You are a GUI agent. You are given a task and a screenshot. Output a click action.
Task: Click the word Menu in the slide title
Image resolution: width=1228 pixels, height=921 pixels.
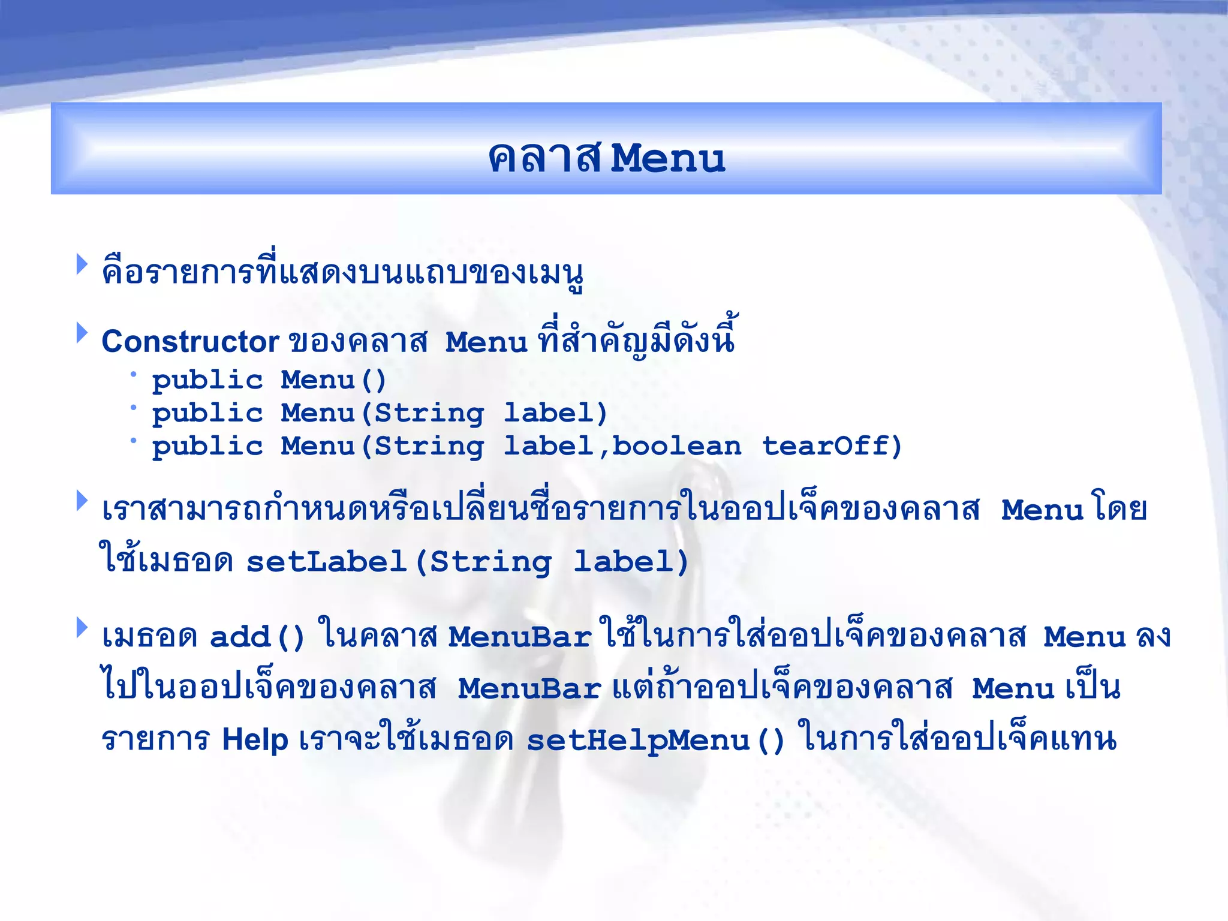tap(667, 159)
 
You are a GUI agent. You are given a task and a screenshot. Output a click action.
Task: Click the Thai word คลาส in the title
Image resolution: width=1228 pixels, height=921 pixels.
tap(544, 159)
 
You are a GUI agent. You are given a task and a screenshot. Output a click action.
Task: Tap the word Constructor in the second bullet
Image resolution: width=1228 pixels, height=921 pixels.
tap(190, 342)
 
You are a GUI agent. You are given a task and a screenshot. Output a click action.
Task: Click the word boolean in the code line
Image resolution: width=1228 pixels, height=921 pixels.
tap(676, 446)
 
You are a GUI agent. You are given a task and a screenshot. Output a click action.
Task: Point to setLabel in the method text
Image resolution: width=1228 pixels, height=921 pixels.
tap(327, 562)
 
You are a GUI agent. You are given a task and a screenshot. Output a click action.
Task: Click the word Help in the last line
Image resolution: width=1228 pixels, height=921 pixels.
tap(255, 739)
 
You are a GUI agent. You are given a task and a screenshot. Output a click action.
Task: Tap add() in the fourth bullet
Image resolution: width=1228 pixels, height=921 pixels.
tap(257, 637)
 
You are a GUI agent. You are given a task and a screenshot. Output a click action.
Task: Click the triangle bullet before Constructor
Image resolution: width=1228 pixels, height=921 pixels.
tap(82, 333)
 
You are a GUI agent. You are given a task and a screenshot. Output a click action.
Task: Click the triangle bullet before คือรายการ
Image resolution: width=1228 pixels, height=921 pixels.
tap(82, 264)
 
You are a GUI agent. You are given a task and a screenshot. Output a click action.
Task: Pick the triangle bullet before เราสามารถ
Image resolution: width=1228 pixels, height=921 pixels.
tap(82, 501)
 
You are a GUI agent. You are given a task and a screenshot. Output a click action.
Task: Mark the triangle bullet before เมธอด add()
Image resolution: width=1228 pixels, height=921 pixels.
tap(82, 628)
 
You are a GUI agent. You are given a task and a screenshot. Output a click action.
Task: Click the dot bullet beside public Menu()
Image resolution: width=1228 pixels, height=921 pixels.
tap(134, 375)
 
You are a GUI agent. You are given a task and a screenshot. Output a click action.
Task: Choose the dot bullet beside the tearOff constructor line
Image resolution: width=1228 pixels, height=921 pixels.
tap(134, 441)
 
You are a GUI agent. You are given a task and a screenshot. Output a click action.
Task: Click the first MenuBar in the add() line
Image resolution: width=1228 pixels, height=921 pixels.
tap(520, 637)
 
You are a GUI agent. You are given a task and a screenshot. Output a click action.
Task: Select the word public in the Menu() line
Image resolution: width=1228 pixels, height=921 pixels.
tap(207, 381)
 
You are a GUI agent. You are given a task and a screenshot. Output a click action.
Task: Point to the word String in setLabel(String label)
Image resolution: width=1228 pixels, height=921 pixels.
tap(490, 562)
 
